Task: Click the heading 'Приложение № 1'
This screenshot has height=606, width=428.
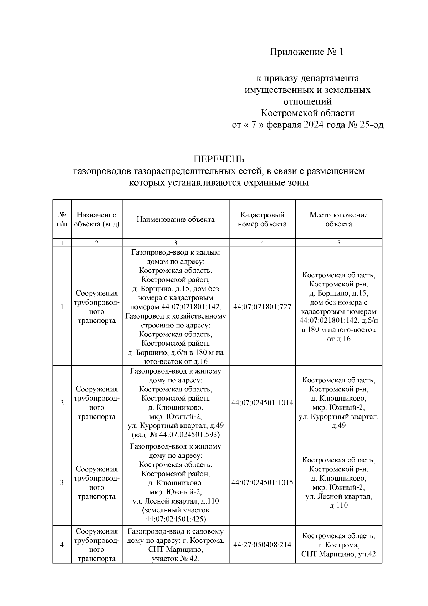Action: (x=306, y=52)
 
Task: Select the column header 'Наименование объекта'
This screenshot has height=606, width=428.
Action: (x=175, y=219)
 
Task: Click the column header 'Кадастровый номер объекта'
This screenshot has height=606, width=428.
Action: (x=262, y=219)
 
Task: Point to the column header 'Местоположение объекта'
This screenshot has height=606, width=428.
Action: (x=338, y=219)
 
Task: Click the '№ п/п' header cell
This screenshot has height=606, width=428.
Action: (x=62, y=219)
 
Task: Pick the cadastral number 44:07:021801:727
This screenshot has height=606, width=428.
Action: (x=262, y=307)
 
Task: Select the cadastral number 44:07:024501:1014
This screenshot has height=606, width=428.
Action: (x=262, y=403)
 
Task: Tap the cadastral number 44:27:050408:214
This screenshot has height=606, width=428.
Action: (x=262, y=545)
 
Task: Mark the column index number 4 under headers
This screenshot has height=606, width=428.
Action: (x=262, y=243)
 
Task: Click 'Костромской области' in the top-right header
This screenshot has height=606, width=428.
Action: (x=307, y=113)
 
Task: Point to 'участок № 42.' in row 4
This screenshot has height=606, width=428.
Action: (x=175, y=559)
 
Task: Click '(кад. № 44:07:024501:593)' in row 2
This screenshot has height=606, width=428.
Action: (x=175, y=435)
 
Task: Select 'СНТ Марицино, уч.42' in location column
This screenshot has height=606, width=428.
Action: (x=338, y=554)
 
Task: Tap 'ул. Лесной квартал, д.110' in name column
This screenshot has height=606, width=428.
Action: (x=175, y=501)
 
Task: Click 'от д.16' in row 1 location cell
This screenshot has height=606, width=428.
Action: (x=338, y=339)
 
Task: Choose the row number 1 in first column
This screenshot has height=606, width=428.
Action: (x=62, y=307)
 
